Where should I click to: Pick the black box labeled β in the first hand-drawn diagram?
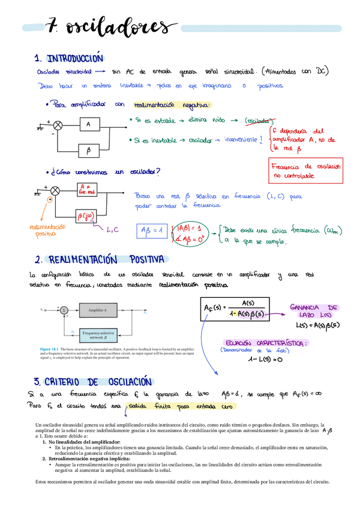click(x=88, y=149)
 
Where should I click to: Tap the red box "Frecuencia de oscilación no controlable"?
click(x=306, y=171)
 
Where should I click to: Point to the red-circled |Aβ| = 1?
click(x=192, y=229)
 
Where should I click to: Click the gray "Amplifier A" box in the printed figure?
click(x=98, y=310)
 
